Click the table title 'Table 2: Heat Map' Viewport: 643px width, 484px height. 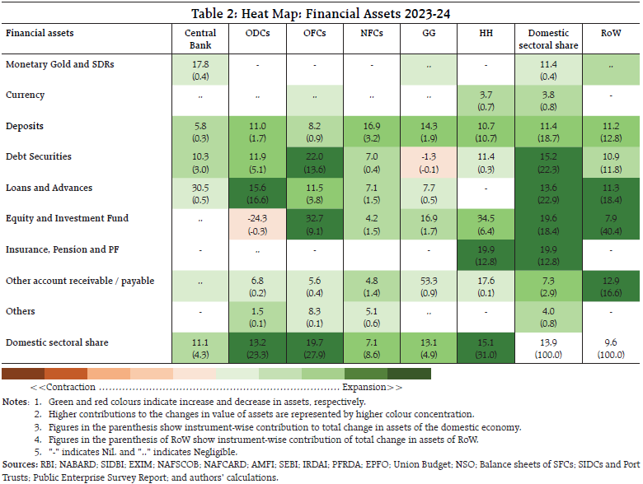321,13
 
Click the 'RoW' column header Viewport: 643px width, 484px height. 611,33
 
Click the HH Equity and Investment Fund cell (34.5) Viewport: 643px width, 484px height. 486,224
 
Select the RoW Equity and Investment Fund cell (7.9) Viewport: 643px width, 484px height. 611,224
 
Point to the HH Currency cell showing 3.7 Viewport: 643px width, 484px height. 486,100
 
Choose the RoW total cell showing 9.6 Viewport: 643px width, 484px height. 611,347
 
